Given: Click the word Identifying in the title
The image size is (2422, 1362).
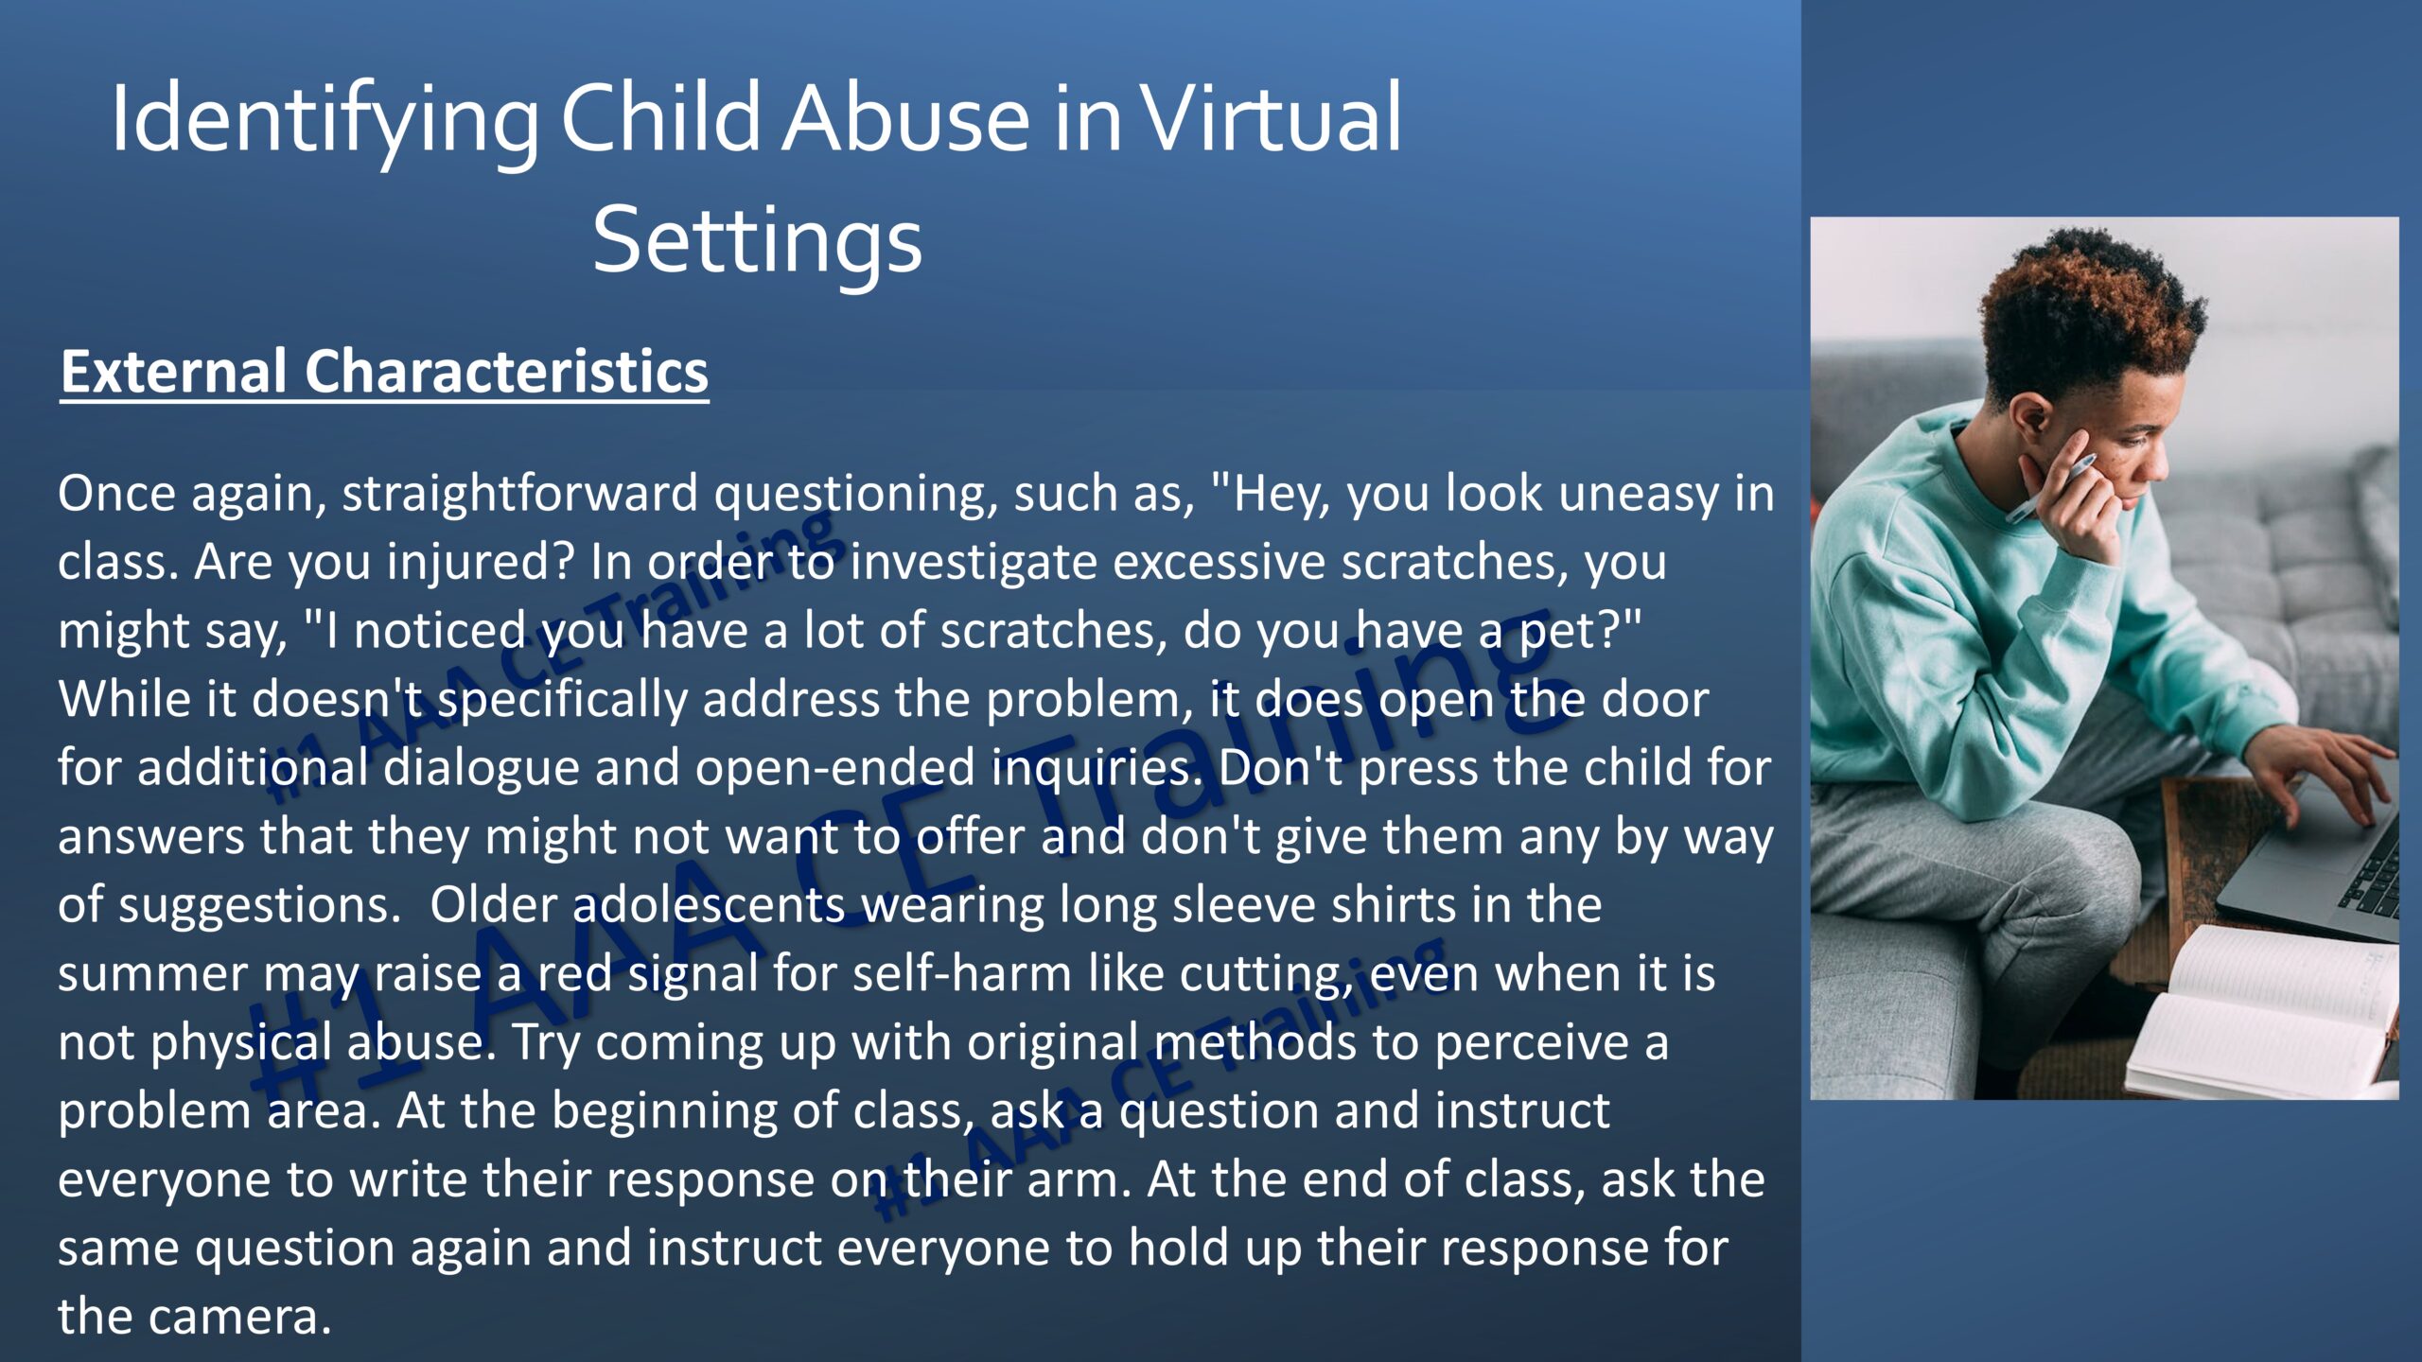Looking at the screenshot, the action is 325,121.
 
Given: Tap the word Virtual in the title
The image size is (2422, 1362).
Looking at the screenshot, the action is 1271,117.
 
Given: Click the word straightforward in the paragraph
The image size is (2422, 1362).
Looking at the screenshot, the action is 520,495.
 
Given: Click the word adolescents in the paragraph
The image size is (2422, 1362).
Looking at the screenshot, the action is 709,906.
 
